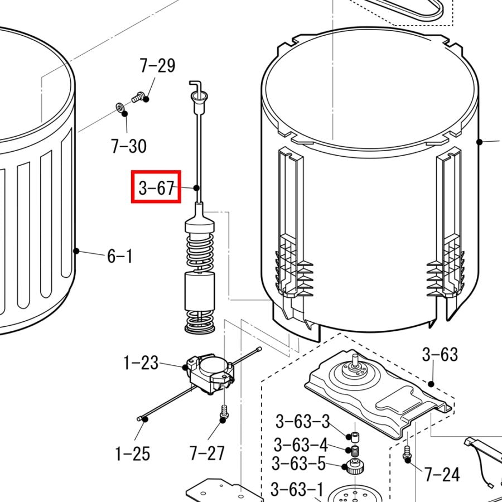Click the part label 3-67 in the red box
[x=156, y=187]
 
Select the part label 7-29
[x=157, y=66]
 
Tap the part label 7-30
[x=128, y=146]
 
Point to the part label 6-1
[x=120, y=257]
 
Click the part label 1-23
[x=141, y=364]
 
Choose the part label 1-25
[x=133, y=453]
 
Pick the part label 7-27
[x=207, y=453]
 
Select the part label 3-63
[x=440, y=354]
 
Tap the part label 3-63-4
[x=301, y=445]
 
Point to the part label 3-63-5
[x=298, y=464]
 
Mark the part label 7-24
[x=442, y=475]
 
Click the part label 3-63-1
[x=297, y=490]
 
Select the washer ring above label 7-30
[x=120, y=107]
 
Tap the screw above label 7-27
[x=223, y=412]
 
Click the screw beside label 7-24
[x=407, y=452]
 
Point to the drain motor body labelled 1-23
[x=209, y=373]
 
